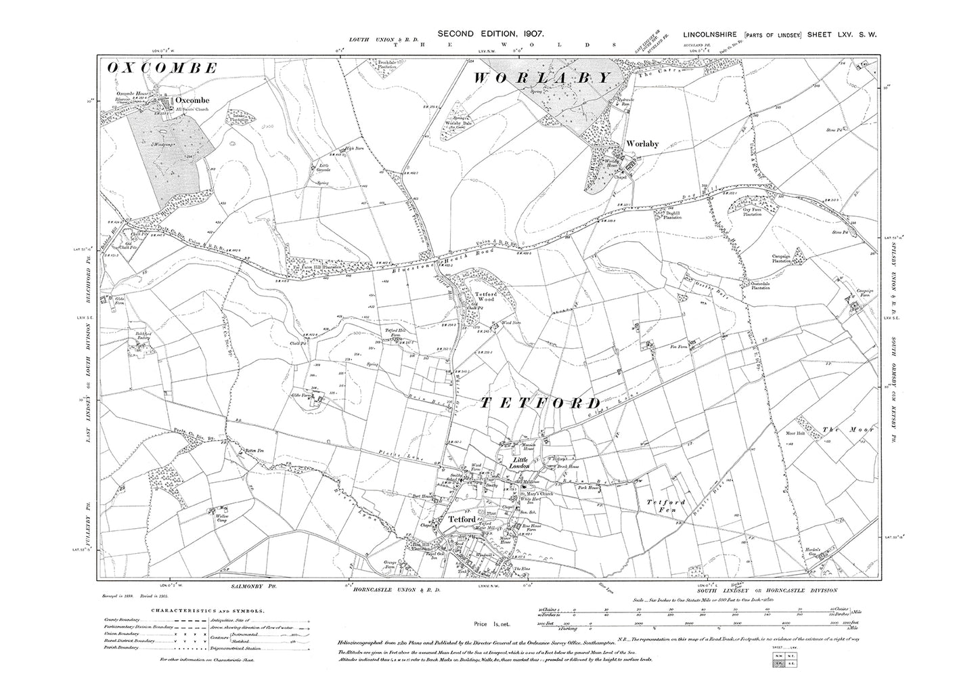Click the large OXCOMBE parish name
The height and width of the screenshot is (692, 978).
[x=162, y=68]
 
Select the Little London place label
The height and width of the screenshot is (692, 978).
[x=522, y=462]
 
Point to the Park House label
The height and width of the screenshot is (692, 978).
[x=589, y=488]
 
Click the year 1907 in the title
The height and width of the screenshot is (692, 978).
[x=520, y=33]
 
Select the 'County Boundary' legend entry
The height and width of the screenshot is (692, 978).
[x=122, y=620]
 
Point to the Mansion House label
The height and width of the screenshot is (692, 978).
[x=520, y=447]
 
